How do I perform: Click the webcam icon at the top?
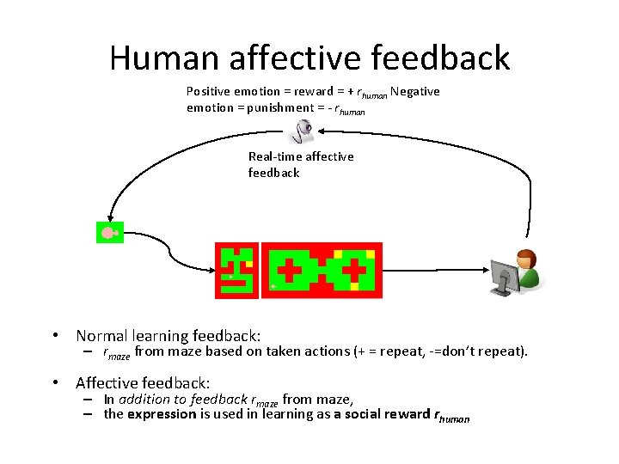pyautogui.click(x=303, y=131)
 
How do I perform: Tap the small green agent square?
pyautogui.click(x=109, y=232)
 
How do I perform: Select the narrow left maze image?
pyautogui.click(x=236, y=270)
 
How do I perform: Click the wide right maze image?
pyautogui.click(x=322, y=270)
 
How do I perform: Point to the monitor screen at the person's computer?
pyautogui.click(x=504, y=277)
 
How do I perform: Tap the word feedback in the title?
pyautogui.click(x=437, y=58)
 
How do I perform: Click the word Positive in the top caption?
pyautogui.click(x=209, y=91)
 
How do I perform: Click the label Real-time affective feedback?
pyautogui.click(x=300, y=164)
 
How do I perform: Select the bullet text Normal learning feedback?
pyautogui.click(x=168, y=336)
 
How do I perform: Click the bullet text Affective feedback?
pyautogui.click(x=143, y=383)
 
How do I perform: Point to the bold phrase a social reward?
pyautogui.click(x=375, y=414)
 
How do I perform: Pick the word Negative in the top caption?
pyautogui.click(x=416, y=91)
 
